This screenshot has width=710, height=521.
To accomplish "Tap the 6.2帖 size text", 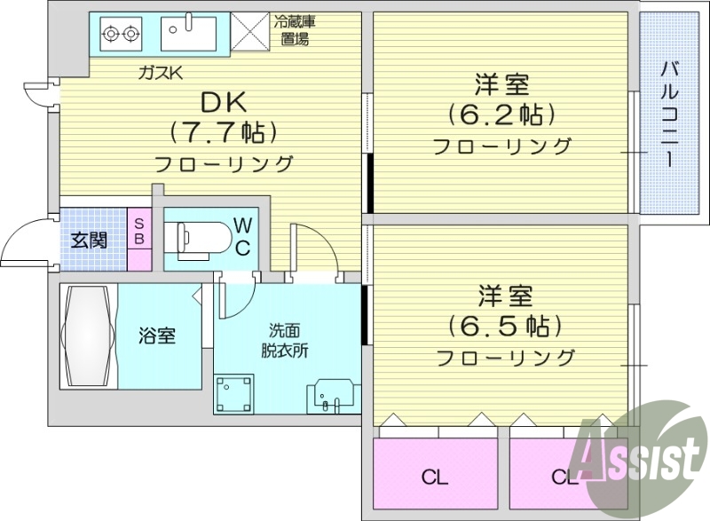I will tap(501, 114).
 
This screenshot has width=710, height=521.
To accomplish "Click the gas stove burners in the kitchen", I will tap(121, 34).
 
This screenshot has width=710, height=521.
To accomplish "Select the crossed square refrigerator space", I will tap(251, 35).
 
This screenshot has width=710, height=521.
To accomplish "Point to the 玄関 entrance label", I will tap(90, 240).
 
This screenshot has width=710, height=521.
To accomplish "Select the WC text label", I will tap(241, 236).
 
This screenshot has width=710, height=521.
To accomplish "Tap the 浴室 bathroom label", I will tap(156, 336).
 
